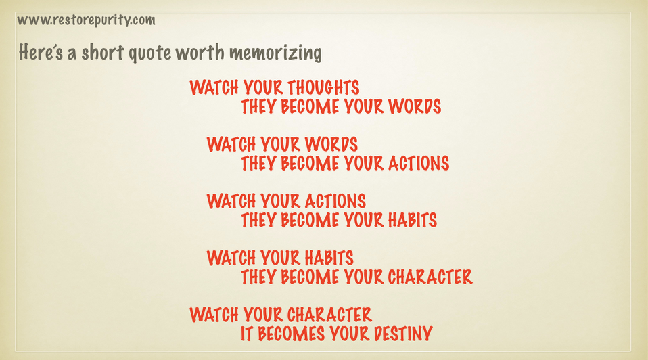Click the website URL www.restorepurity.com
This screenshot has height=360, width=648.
pos(86,20)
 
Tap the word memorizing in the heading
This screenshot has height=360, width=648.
pos(275,53)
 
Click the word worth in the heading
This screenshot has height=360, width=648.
pos(200,52)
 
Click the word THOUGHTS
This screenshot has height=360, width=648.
pos(323,87)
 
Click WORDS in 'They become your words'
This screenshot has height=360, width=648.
pos(415,107)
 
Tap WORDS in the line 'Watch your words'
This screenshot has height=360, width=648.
pos(331,144)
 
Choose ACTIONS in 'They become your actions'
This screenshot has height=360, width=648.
pos(419,163)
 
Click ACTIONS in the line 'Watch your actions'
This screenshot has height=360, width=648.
pos(335,201)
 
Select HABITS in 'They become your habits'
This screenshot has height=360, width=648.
pos(413,221)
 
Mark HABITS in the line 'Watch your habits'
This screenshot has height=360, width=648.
pos(329,258)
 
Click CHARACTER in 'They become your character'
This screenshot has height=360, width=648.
pos(430,277)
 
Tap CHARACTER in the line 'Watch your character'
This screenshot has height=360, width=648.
pos(329,315)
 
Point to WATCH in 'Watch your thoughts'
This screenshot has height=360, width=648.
pos(214,87)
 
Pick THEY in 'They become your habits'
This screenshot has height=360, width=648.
pos(258,221)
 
